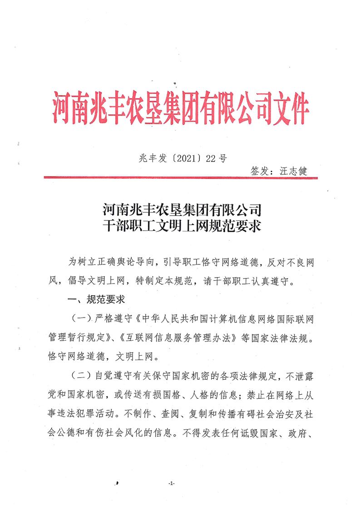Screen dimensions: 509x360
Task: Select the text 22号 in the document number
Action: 216,158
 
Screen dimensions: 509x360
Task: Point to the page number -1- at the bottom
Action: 171,484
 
